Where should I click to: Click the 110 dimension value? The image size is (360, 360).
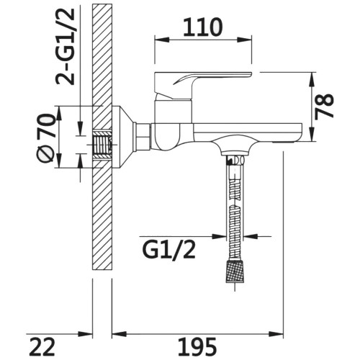pyautogui.click(x=203, y=27)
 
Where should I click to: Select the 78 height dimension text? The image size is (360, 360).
pyautogui.click(x=324, y=106)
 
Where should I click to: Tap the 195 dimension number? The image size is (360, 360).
pyautogui.click(x=197, y=346)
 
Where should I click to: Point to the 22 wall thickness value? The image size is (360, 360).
pyautogui.click(x=43, y=346)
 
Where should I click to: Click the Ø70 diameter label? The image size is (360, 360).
pyautogui.click(x=45, y=138)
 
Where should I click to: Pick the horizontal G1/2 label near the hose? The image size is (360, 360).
pyautogui.click(x=169, y=250)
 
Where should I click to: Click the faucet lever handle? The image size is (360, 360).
pyautogui.click(x=203, y=85)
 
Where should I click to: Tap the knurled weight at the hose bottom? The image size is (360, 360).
pyautogui.click(x=235, y=271)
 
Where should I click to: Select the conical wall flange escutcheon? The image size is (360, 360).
pyautogui.click(x=122, y=138)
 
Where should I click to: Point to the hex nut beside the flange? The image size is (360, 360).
pyautogui.click(x=142, y=138)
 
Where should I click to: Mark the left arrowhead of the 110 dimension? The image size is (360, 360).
pyautogui.click(x=162, y=40)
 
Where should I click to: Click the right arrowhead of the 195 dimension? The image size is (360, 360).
pyautogui.click(x=276, y=334)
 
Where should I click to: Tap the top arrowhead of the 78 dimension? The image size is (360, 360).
pyautogui.click(x=312, y=79)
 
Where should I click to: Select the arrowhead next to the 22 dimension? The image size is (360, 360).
pyautogui.click(x=85, y=334)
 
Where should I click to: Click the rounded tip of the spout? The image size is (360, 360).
pyautogui.click(x=300, y=132)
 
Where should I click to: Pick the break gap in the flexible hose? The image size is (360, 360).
pyautogui.click(x=235, y=202)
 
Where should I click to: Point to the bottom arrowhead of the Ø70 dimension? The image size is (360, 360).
pyautogui.click(x=59, y=161)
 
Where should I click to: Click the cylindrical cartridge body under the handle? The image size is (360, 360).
pyautogui.click(x=174, y=112)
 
